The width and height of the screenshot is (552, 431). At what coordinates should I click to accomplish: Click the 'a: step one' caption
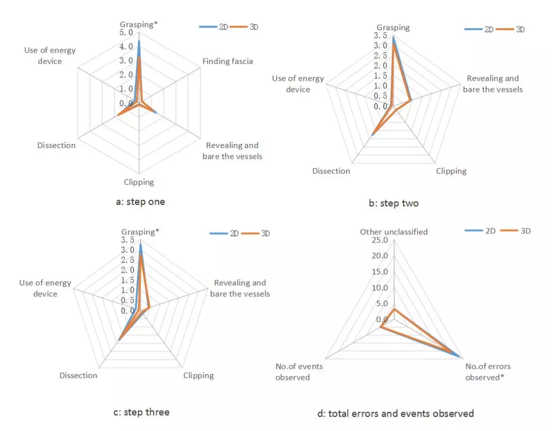point(141,202)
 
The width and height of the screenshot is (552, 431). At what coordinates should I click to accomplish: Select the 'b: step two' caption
point(394,203)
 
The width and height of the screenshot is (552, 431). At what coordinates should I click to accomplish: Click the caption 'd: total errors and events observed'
point(396,413)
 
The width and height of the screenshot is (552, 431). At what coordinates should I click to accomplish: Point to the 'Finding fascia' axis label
point(227,61)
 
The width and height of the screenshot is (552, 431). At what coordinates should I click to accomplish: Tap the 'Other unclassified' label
point(394,232)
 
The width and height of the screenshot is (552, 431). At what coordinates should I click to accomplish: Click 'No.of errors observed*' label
point(488,372)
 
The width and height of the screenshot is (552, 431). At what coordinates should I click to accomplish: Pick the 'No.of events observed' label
point(293,372)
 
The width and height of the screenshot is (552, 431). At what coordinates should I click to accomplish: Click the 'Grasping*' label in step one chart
point(139,24)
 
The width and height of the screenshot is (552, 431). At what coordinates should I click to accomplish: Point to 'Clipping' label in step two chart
point(451,171)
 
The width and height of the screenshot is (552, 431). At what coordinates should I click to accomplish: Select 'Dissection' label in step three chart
point(78,375)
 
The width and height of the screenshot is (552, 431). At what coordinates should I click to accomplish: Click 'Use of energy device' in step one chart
point(50,56)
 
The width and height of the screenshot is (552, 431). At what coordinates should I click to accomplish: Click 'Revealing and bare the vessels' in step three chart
point(240,288)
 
